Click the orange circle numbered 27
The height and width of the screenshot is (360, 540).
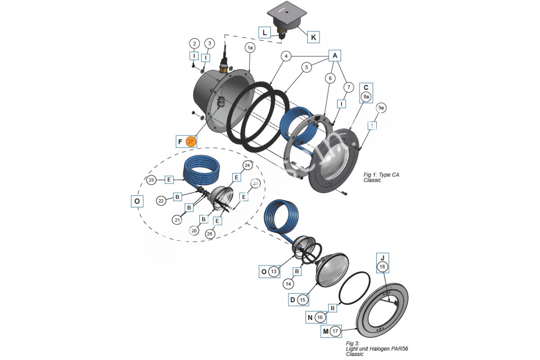[191, 141]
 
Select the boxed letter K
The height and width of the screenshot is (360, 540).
[313, 37]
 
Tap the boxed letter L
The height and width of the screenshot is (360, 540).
[265, 32]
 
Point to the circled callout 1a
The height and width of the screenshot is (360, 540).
[250, 47]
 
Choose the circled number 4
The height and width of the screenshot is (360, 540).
[286, 56]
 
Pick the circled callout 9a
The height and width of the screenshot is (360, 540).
[381, 108]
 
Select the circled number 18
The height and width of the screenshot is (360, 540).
[382, 267]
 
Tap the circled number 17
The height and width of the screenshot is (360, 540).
[334, 332]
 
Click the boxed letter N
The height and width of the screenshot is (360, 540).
[309, 318]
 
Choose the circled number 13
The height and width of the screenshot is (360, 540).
[274, 271]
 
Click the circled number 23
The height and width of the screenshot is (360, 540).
[152, 180]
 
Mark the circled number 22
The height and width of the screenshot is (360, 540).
[161, 201]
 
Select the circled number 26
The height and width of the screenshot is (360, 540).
[210, 234]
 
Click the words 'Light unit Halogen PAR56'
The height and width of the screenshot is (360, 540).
[377, 349]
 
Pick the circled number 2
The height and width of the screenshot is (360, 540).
[194, 44]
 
